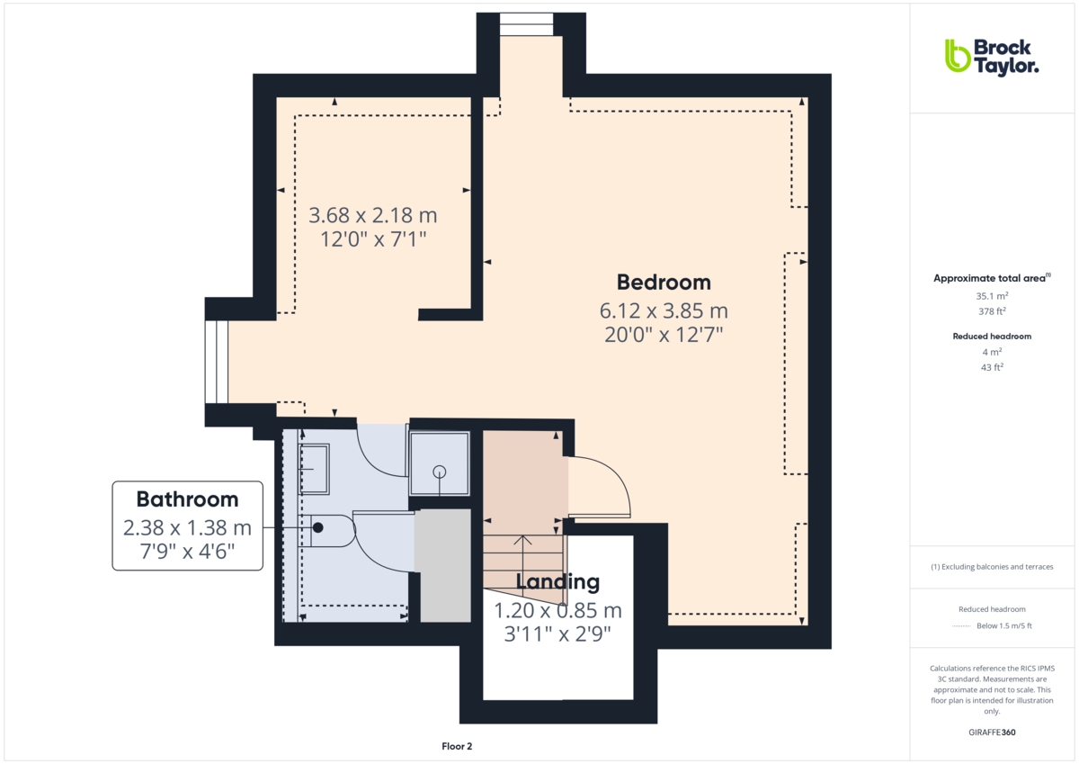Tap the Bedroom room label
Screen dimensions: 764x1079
point(664,283)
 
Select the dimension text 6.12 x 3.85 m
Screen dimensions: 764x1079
point(664,311)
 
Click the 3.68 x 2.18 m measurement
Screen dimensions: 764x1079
point(372,216)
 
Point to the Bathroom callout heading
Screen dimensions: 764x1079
point(187,499)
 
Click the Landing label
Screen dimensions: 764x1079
point(557,582)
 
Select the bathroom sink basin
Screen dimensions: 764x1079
point(314,469)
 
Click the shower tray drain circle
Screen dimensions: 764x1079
point(440,472)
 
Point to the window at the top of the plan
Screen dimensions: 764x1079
point(527,24)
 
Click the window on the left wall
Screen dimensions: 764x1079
point(218,362)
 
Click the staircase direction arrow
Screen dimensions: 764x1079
point(526,558)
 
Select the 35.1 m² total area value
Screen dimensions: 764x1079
point(992,295)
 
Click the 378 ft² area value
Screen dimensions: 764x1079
point(992,311)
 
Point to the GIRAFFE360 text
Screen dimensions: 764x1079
point(992,733)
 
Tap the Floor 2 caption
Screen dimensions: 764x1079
point(457,746)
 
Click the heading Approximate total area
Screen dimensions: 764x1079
point(991,278)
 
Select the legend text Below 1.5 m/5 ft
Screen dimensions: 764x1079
point(1003,626)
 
